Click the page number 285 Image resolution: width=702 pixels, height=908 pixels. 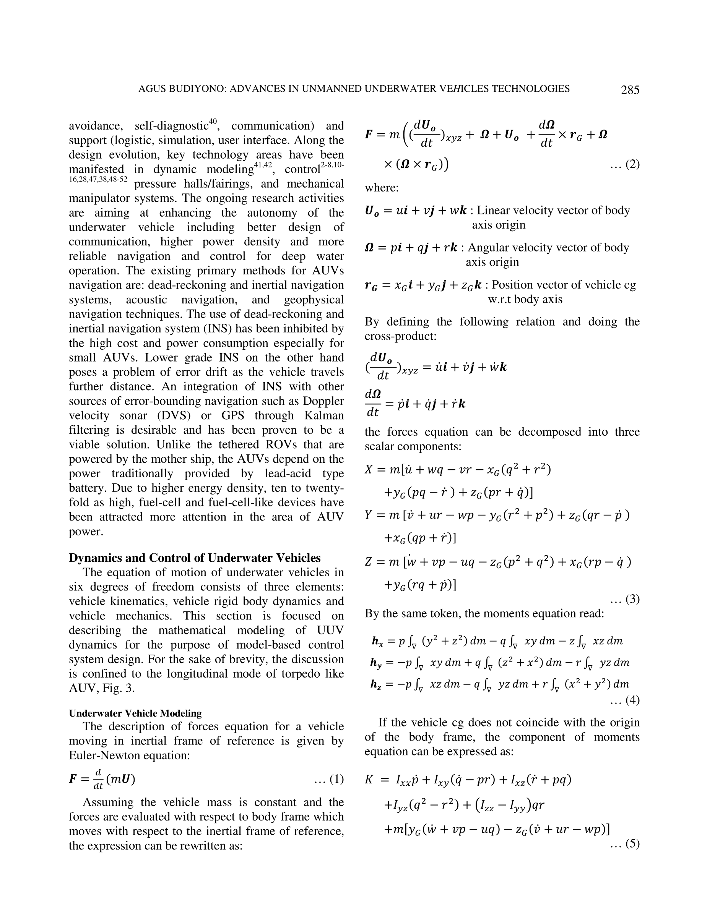coord(630,90)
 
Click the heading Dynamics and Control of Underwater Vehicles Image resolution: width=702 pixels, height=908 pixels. coord(195,558)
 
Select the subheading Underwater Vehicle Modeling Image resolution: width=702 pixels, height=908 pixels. coord(135,713)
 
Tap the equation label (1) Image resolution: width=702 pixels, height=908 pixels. coord(333,779)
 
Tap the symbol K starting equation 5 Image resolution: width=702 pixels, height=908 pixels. coord(369,780)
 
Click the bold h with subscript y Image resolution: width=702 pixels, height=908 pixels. coord(375,663)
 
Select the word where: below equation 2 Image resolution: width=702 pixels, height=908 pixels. coord(381,188)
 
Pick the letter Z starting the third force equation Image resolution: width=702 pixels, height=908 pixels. coord(368,563)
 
